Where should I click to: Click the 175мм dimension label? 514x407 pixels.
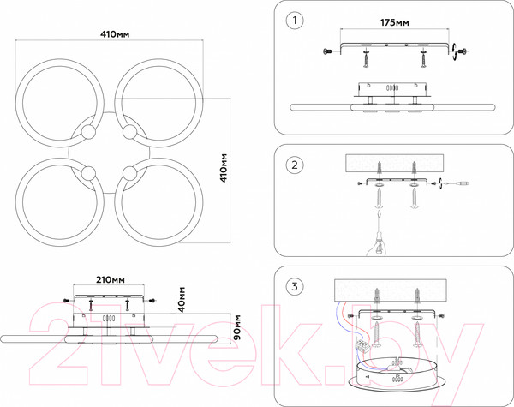[x=395, y=22]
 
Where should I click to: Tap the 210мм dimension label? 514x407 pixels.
[x=111, y=279]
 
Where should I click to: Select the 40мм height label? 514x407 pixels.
[x=181, y=299]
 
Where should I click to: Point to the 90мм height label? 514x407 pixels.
[x=236, y=327]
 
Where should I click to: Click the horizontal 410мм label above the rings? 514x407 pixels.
[x=115, y=34]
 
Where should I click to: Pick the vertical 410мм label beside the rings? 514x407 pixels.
[x=224, y=168]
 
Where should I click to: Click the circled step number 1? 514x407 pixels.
[x=295, y=21]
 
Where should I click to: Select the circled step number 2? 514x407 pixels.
[x=295, y=165]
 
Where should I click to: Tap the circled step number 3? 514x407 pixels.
[x=295, y=287]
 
